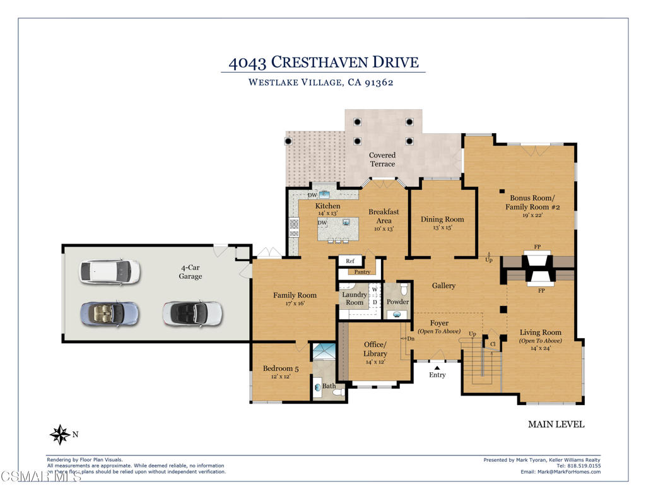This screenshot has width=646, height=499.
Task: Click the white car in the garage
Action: tap(109, 271)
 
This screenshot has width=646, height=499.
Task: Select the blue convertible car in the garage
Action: tap(109, 313)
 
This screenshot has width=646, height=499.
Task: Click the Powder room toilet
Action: tap(404, 290)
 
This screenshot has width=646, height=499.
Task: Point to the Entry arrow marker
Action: tap(437, 367)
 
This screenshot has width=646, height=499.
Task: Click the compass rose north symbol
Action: tap(61, 434)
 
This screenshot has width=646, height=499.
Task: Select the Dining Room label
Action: tap(442, 220)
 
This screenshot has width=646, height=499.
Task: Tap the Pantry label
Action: tap(362, 272)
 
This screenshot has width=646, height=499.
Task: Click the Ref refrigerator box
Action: tap(350, 261)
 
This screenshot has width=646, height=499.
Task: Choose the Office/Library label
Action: tap(375, 349)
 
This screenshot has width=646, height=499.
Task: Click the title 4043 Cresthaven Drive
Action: tap(323, 62)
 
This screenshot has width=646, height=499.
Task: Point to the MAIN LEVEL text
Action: tap(556, 425)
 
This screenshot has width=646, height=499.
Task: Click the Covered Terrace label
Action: tap(382, 159)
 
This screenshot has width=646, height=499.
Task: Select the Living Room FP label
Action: tap(541, 291)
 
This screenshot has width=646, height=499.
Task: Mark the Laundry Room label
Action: tap(355, 298)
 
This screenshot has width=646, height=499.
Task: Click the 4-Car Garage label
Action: tap(191, 272)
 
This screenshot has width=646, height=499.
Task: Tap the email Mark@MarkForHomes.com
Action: tap(560, 472)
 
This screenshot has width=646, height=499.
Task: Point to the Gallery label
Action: tap(443, 286)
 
